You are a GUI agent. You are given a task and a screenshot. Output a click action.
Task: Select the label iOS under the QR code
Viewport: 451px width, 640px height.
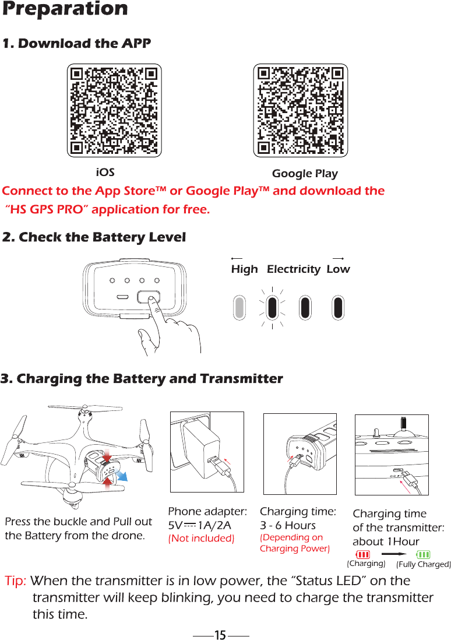point(105,173)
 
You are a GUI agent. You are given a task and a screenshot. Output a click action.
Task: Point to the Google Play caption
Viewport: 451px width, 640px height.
point(305,174)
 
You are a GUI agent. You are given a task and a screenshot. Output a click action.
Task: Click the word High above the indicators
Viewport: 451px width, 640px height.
point(244,269)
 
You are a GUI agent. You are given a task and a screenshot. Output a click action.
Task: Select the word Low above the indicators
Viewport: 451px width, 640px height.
point(338,269)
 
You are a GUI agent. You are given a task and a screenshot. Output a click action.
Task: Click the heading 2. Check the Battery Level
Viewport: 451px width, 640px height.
point(94,238)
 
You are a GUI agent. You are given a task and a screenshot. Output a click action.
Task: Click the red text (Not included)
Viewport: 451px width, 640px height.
point(201,538)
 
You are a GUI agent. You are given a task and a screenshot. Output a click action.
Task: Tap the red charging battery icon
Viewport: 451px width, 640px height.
point(363,554)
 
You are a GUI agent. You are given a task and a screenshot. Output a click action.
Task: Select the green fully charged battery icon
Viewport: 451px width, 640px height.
point(424,554)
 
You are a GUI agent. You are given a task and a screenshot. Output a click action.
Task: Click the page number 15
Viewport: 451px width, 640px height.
point(220,635)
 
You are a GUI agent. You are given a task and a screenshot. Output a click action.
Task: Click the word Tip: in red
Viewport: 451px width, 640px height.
point(16,581)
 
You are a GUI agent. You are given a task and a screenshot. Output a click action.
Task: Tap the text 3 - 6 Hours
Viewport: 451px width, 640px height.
point(288,525)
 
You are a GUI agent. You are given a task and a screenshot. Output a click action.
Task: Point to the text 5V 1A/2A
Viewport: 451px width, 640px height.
point(200,525)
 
